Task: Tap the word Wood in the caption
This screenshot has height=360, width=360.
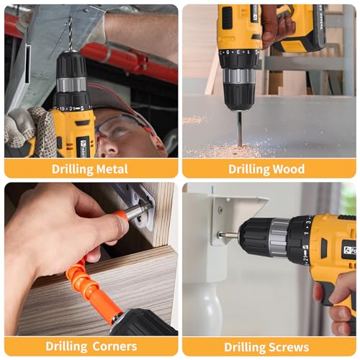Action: pos(287,169)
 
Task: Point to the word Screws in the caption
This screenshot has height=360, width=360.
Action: pos(287,347)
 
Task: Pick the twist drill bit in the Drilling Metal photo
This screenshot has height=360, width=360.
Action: pos(70,36)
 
